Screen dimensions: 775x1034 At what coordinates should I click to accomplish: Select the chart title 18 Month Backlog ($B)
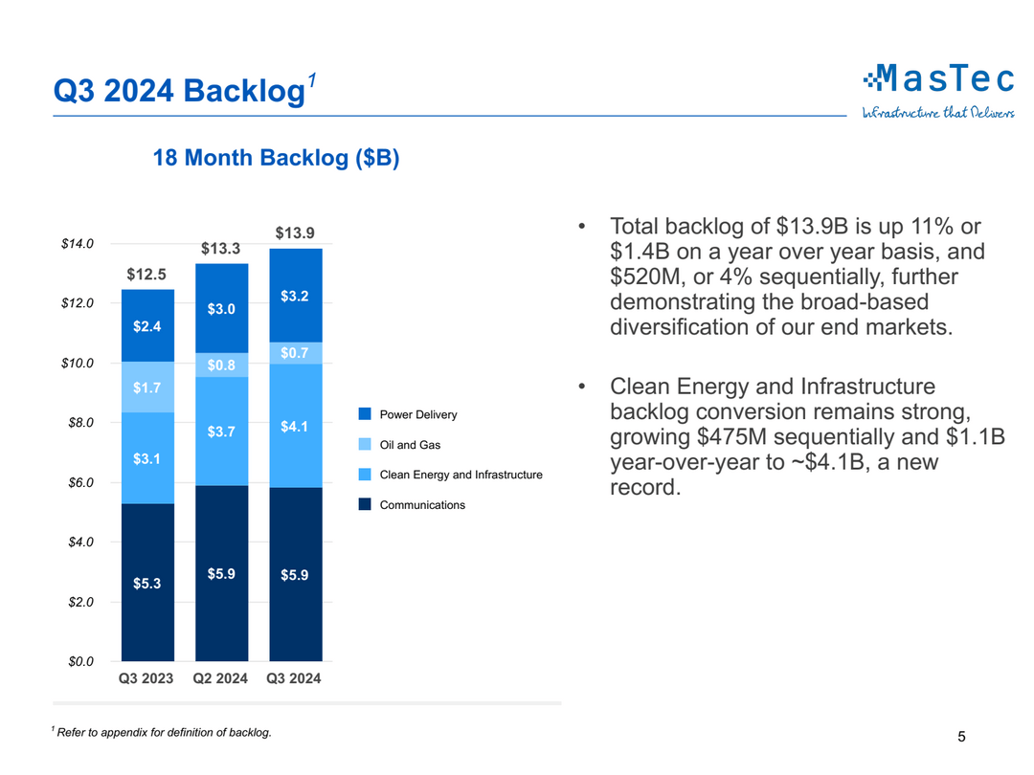click(x=276, y=158)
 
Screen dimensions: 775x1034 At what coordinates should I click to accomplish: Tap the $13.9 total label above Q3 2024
click(x=295, y=232)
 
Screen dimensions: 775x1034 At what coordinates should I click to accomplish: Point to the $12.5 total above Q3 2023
click(x=146, y=275)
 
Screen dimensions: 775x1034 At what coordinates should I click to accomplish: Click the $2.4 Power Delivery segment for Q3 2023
click(x=147, y=325)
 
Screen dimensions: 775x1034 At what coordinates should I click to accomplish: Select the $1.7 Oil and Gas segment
click(x=147, y=387)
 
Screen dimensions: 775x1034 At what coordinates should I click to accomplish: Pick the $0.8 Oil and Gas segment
click(x=221, y=365)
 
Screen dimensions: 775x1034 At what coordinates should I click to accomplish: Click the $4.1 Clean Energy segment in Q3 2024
click(x=295, y=426)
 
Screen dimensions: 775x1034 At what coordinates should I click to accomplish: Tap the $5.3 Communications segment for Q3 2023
click(x=147, y=582)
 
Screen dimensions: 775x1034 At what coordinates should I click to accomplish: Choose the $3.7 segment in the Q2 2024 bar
click(x=221, y=432)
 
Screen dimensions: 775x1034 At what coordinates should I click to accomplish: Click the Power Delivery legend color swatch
click(x=365, y=414)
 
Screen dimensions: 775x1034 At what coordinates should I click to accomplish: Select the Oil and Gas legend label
click(x=410, y=445)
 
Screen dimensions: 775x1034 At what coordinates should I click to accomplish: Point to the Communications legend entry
click(x=422, y=505)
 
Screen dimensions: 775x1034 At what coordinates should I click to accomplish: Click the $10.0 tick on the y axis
click(x=78, y=364)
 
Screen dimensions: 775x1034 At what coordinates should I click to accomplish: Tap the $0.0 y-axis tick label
click(x=80, y=661)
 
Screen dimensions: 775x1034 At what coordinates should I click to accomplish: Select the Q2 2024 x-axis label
click(x=221, y=679)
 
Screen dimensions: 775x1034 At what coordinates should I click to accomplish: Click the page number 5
click(x=961, y=737)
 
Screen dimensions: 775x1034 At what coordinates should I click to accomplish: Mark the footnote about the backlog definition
click(x=163, y=733)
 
